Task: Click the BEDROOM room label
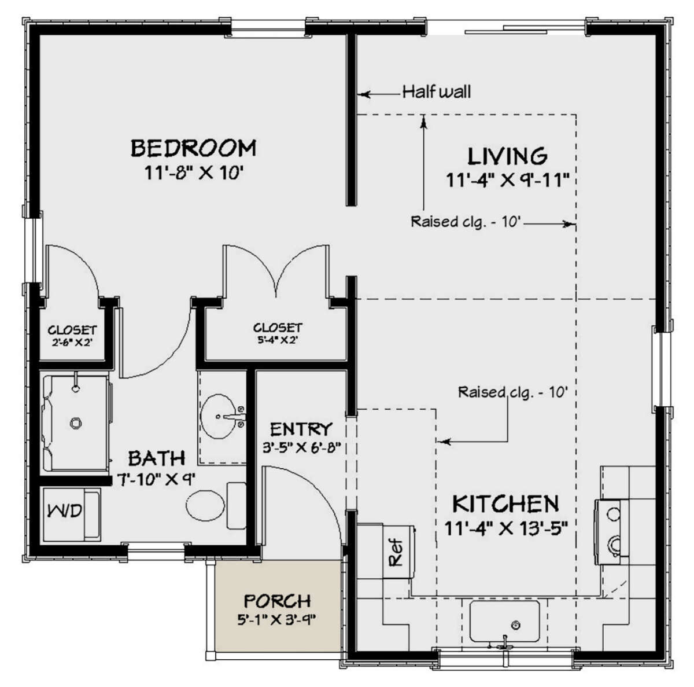click(x=193, y=148)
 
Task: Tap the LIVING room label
click(x=507, y=156)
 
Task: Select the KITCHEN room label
click(x=505, y=504)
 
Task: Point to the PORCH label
click(x=277, y=601)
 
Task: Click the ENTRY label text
click(x=301, y=429)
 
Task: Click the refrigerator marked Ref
click(x=396, y=552)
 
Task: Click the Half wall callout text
click(x=437, y=91)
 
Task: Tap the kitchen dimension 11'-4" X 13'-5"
click(x=505, y=528)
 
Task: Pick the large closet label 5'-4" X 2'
click(x=278, y=340)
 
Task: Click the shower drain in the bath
click(x=75, y=423)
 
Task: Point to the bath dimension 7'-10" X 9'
click(x=157, y=479)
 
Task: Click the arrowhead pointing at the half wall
click(x=363, y=93)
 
